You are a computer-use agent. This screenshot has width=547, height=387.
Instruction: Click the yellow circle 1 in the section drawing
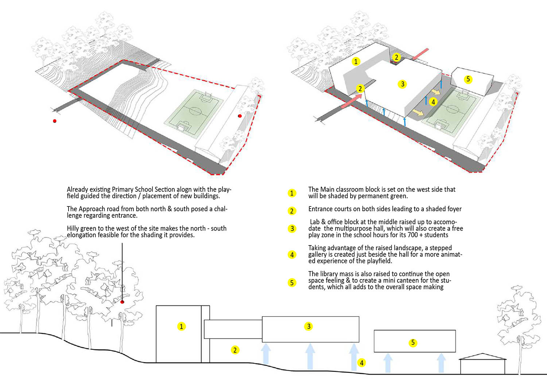coord(181,326)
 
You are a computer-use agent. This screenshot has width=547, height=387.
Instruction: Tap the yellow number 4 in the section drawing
coord(362,363)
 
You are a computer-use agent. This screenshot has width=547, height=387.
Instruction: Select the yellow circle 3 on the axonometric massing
coord(403,84)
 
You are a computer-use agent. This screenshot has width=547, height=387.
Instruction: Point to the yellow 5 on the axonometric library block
coord(468,79)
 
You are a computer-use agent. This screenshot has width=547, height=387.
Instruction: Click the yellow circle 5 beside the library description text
coord(292,283)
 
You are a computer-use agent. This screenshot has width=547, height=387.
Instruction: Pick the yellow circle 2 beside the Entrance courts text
coord(292,211)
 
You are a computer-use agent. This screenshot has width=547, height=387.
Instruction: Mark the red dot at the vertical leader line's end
coord(122,302)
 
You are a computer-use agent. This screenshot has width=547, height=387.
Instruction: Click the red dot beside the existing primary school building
coord(240,116)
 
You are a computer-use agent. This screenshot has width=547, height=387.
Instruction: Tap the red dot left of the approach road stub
coord(55,121)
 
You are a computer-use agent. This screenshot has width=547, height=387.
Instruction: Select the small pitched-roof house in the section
coord(482,364)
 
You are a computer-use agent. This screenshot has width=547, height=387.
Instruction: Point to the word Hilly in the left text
coord(73,228)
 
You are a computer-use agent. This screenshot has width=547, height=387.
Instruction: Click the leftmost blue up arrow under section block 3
coord(266,354)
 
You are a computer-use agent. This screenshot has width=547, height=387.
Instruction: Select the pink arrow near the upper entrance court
coord(420,54)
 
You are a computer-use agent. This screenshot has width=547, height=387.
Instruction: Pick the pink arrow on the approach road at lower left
coord(352,101)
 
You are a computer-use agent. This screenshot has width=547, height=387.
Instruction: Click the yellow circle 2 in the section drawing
coord(235,350)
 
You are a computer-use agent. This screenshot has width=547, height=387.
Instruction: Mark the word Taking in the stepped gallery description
coord(317,248)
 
